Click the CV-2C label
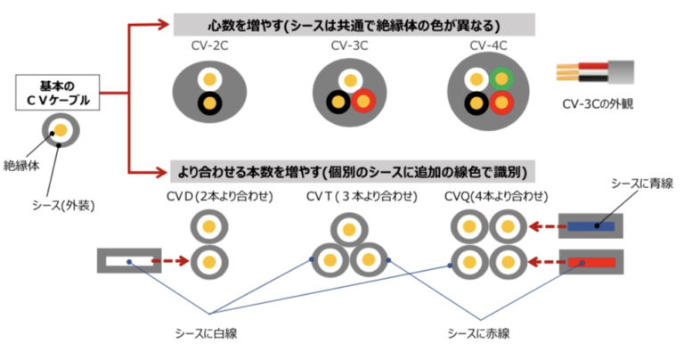(x=209, y=45)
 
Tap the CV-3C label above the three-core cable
(x=349, y=45)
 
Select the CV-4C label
(x=489, y=45)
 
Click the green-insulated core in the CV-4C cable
(x=501, y=79)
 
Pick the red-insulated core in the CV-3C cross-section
(x=363, y=102)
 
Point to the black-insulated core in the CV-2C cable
(x=210, y=103)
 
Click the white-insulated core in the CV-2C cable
(x=210, y=80)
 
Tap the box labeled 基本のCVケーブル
(x=58, y=93)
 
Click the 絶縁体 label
(x=21, y=166)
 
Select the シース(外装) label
(x=63, y=205)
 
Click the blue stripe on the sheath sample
(x=590, y=226)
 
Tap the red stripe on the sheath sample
(x=591, y=262)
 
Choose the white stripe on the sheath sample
(x=129, y=261)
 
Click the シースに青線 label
(x=642, y=184)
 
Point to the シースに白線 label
(x=206, y=334)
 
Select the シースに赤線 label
(x=478, y=334)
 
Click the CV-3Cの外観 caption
(x=598, y=104)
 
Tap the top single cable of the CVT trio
(x=349, y=230)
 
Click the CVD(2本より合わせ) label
(x=220, y=196)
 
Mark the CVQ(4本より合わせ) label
(x=496, y=196)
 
